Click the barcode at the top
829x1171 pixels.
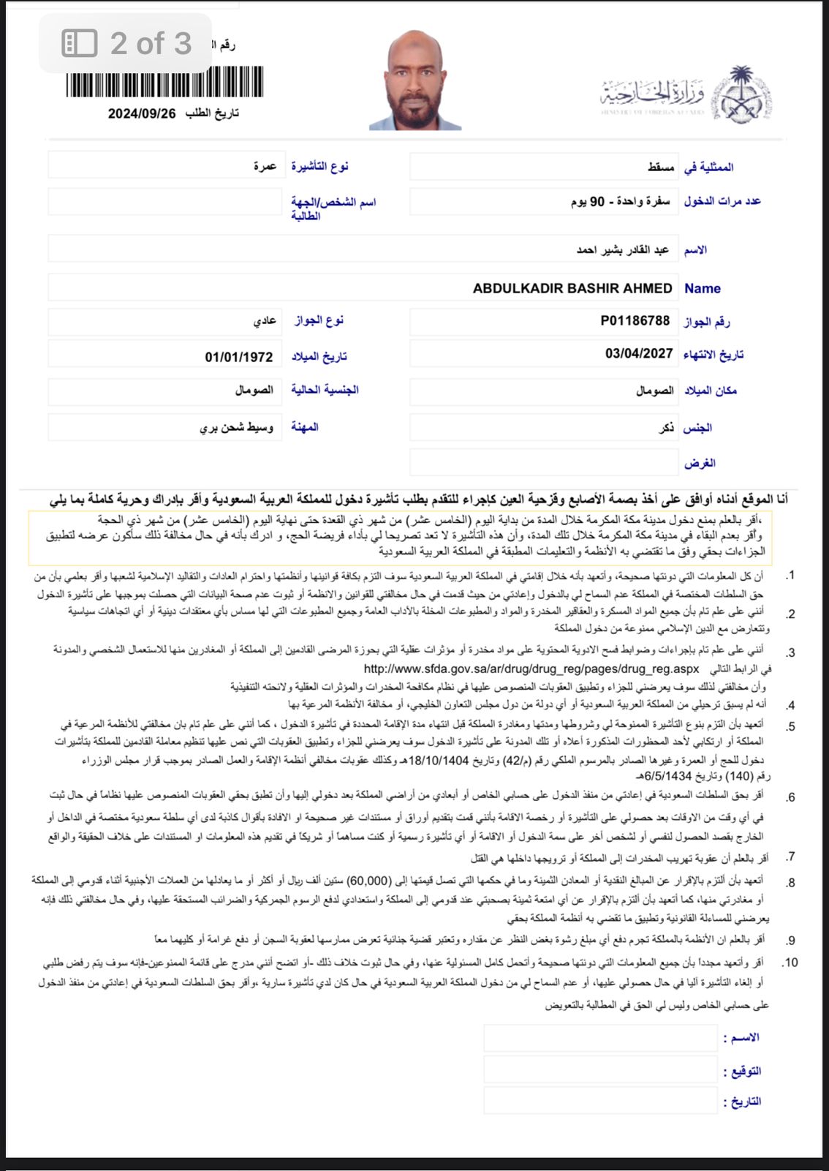point(164,82)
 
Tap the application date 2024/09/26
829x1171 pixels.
point(142,113)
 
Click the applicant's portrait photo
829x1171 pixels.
point(415,80)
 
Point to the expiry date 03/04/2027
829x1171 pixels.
point(638,354)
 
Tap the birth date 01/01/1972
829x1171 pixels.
point(238,357)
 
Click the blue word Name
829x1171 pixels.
point(702,288)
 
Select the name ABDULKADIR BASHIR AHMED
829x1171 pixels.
point(572,288)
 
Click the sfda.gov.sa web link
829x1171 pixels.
point(531,669)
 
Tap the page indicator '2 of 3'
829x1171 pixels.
point(151,44)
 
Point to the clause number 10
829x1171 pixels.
point(790,963)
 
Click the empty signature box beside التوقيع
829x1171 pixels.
point(599,1070)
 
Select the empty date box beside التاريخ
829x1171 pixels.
point(599,1101)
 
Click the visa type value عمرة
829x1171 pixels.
point(264,166)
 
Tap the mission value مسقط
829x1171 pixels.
point(660,167)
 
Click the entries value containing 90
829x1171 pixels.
point(620,201)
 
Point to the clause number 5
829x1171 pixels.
point(791,726)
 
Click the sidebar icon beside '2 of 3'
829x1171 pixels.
point(79,44)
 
